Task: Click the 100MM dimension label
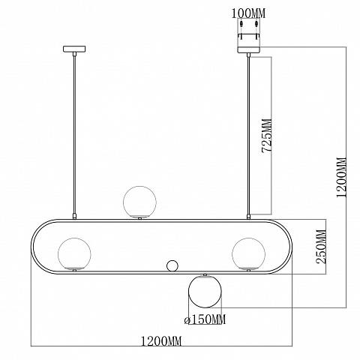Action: (248, 13)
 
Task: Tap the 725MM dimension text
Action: (266, 136)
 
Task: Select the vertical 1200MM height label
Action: (341, 178)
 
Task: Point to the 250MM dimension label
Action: (321, 247)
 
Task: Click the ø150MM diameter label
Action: (205, 319)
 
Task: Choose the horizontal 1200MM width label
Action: (161, 341)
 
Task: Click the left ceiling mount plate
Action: (74, 49)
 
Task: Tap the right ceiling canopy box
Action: (249, 49)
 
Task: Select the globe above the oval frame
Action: (139, 202)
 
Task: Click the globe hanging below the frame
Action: (205, 291)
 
